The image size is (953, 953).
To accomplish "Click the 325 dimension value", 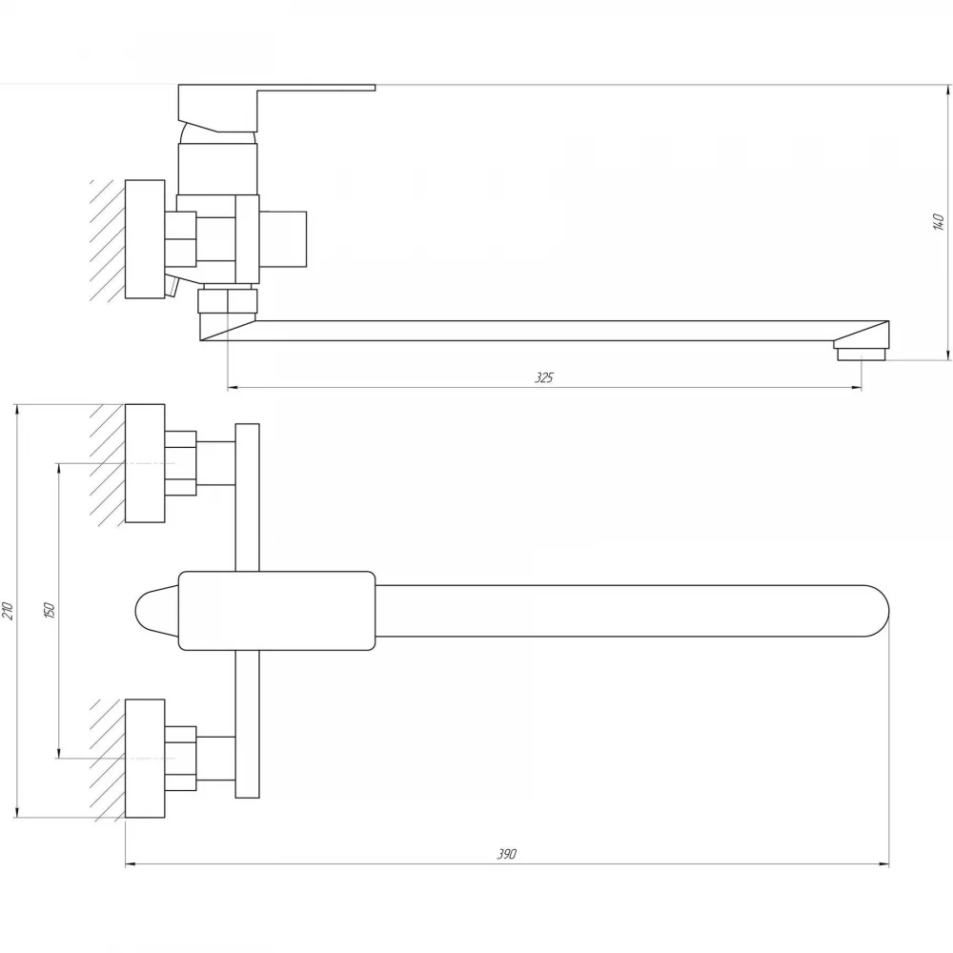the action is click(x=544, y=377).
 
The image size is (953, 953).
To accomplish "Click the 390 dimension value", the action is click(x=507, y=854).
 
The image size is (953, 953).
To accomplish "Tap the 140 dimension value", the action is click(x=939, y=222).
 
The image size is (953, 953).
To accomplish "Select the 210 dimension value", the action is click(x=8, y=610).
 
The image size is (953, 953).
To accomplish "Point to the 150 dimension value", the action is click(x=50, y=610).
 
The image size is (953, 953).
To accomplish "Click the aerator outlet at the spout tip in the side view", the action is click(x=862, y=354).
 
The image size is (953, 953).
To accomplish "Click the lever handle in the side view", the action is click(x=276, y=108).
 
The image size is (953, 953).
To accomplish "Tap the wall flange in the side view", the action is click(x=145, y=239).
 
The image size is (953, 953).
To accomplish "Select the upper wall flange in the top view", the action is click(x=145, y=463).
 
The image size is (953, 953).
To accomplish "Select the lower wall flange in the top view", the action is click(x=145, y=758).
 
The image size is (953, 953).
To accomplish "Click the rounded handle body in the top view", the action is click(x=277, y=611).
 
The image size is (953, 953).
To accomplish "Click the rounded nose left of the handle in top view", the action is click(x=156, y=611).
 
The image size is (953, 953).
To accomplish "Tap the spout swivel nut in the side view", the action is click(x=228, y=301).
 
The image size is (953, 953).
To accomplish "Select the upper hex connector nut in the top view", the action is click(x=180, y=463).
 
